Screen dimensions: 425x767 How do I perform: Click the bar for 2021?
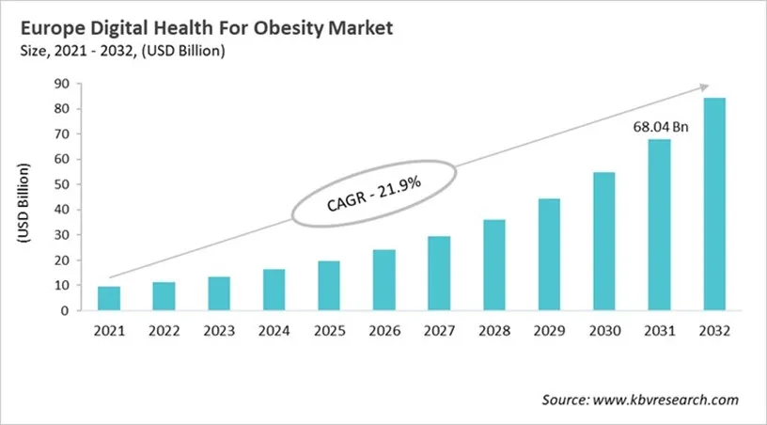(109, 298)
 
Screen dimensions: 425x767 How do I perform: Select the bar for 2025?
(329, 286)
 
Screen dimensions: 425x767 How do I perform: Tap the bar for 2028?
(493, 265)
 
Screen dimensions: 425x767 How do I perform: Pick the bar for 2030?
(603, 241)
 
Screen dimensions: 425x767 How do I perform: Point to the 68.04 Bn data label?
(658, 126)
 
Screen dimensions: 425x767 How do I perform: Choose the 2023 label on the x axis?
(219, 331)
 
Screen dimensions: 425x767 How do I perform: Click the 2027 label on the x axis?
(439, 331)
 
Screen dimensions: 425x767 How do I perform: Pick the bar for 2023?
(219, 293)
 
